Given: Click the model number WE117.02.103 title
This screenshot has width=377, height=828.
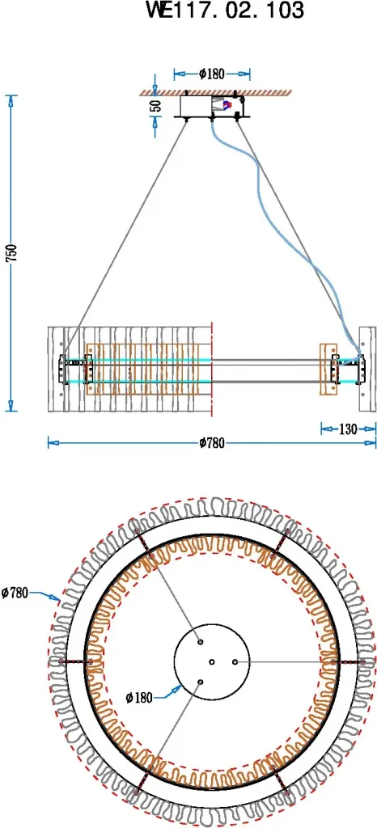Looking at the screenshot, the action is coord(226,10).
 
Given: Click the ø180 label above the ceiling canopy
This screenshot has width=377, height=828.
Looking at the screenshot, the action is coord(212,74).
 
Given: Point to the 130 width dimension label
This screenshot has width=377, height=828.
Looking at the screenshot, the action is coord(347,429).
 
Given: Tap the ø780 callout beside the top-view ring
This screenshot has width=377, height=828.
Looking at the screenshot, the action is coord(15,593).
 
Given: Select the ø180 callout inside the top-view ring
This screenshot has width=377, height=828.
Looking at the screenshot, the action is coord(139,698).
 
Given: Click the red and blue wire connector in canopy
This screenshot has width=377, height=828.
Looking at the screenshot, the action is coord(227,105).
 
